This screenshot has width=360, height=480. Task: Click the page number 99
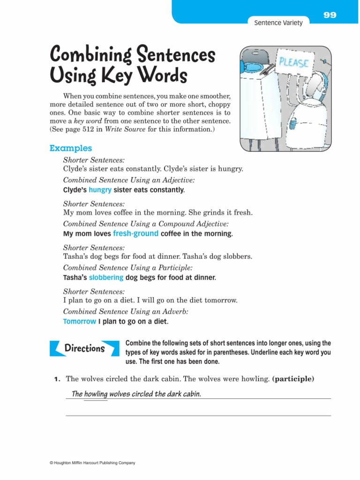coord(330,15)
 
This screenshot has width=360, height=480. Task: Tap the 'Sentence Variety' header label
coord(278,22)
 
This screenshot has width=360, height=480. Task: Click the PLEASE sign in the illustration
coord(294,62)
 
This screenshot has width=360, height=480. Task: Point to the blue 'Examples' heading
coord(71,148)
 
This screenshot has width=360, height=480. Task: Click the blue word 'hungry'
coord(100,190)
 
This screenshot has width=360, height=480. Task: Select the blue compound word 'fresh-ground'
coord(136,233)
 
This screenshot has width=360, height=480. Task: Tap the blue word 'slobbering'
coord(106,277)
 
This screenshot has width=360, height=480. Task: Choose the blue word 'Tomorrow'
coord(79,322)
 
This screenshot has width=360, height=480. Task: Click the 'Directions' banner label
coord(84,348)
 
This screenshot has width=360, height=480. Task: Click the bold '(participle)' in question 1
coord(292,379)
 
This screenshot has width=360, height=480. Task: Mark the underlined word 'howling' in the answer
coord(96,394)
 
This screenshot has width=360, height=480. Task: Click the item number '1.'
coord(57,379)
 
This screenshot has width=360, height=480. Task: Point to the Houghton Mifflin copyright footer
coord(92,463)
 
